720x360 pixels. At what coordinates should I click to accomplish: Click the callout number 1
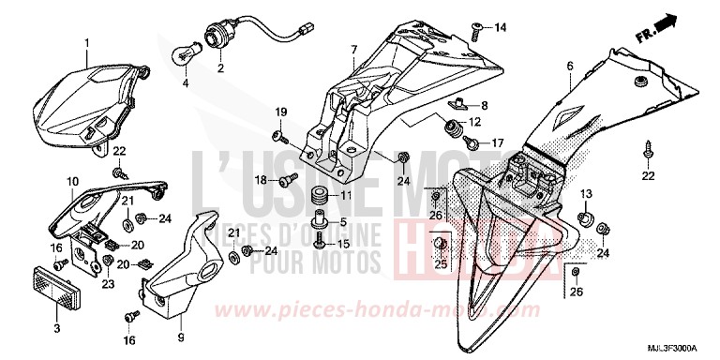click(86, 43)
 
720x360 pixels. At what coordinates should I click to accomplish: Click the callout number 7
click(353, 48)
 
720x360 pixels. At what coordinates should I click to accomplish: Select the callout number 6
click(569, 66)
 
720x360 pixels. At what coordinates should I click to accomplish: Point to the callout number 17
click(497, 143)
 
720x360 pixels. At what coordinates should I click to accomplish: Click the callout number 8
click(485, 104)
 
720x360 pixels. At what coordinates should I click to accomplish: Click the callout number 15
click(343, 244)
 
